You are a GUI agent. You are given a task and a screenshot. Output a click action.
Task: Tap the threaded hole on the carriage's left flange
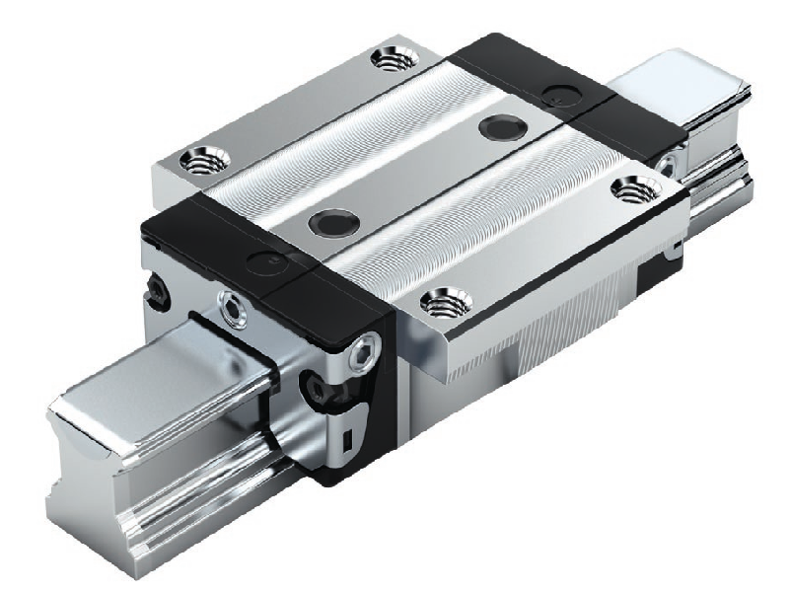(x=207, y=157)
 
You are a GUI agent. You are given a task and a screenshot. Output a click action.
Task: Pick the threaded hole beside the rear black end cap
(x=628, y=186)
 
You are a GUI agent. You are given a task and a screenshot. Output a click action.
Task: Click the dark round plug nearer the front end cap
(x=325, y=222)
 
